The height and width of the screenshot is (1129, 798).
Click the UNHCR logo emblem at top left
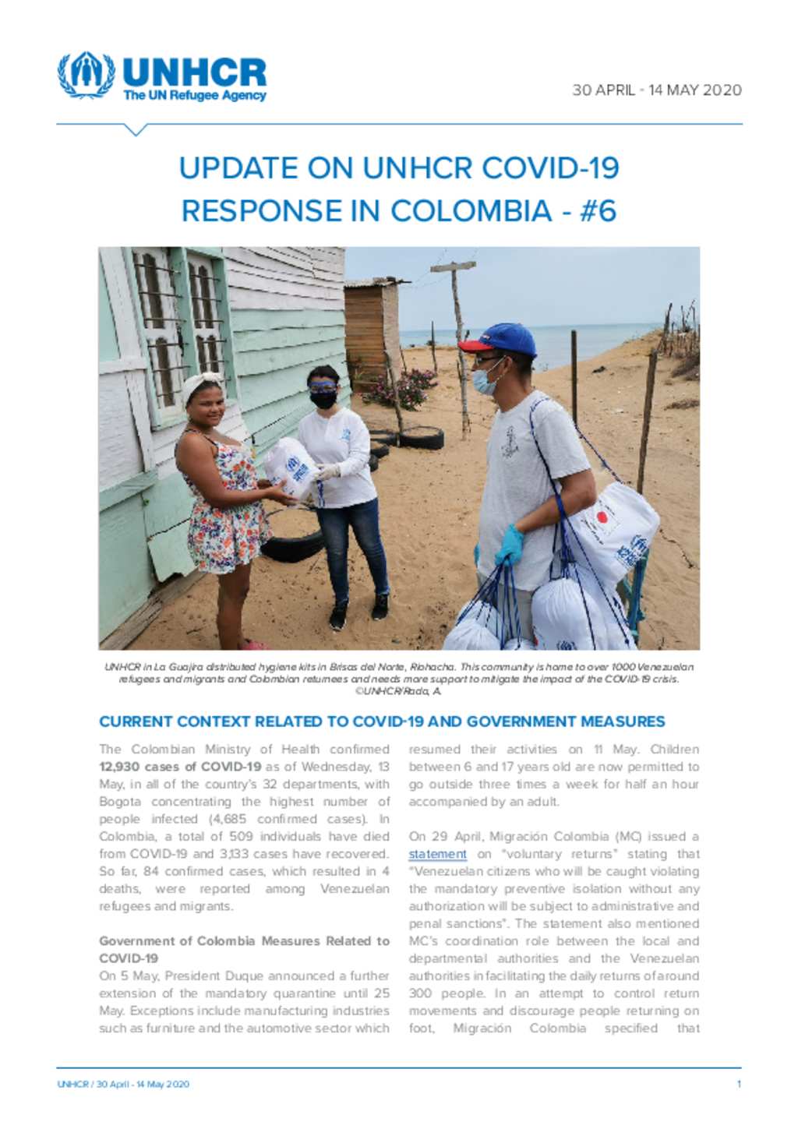click(x=86, y=76)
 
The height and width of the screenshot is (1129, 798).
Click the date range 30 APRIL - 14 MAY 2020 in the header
click(x=656, y=90)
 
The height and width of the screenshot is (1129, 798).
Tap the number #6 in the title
click(x=597, y=210)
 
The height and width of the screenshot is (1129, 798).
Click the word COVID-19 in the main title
click(x=550, y=168)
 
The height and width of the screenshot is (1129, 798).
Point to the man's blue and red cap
click(x=500, y=339)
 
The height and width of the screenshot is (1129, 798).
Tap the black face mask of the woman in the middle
click(x=323, y=400)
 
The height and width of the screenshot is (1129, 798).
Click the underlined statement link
click(x=437, y=854)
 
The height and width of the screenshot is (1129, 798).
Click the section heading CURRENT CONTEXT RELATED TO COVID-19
click(x=382, y=722)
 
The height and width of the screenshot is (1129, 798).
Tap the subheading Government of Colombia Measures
click(x=244, y=940)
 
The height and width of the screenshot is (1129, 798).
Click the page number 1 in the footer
click(x=738, y=1084)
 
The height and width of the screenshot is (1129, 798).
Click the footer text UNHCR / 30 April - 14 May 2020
click(x=123, y=1084)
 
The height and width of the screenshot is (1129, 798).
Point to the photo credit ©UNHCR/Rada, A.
click(x=398, y=691)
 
